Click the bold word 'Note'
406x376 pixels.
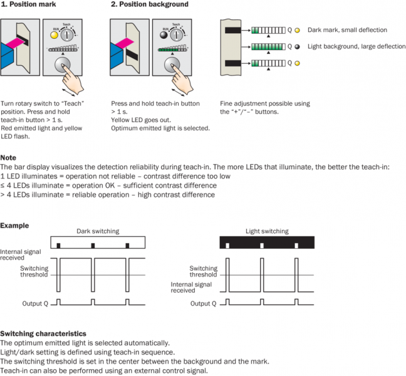[8, 158]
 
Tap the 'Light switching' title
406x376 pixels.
[266, 231]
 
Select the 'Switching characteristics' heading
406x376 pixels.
[43, 334]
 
